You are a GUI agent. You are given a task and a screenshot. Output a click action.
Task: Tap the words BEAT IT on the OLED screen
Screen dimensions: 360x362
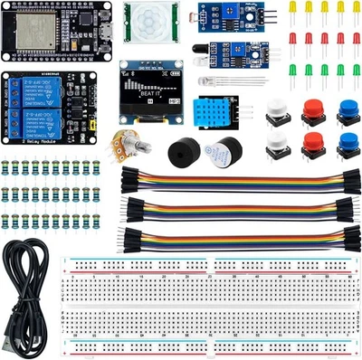(144, 92)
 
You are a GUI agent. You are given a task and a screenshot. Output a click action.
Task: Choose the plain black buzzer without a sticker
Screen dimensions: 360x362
(186, 151)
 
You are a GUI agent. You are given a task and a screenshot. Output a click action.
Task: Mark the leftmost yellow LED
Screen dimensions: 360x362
(293, 8)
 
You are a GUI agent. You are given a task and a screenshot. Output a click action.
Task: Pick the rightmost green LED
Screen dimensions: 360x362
(356, 71)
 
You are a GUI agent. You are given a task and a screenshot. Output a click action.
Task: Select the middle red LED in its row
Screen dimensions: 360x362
(324, 39)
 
